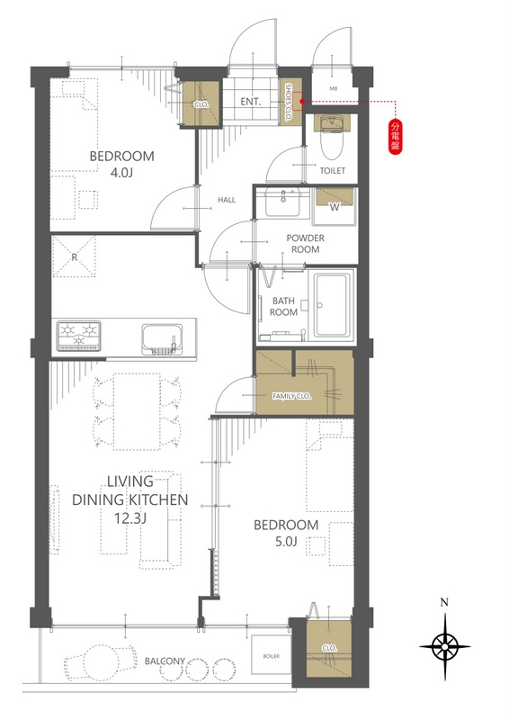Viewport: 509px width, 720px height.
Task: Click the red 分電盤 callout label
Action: pos(395,137)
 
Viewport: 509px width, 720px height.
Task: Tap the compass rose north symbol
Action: pos(444,646)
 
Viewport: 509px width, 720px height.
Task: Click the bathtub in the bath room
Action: pos(331,305)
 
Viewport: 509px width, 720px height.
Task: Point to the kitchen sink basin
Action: pos(162,339)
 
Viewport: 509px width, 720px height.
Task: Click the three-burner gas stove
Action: pos(79,336)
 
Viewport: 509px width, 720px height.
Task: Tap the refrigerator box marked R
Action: pos(75,256)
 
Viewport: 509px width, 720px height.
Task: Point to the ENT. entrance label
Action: pos(251,102)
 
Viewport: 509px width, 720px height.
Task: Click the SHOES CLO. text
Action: pos(289,102)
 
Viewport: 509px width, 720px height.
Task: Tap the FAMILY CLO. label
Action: pos(292,396)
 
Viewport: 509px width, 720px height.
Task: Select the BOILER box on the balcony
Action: pos(272,656)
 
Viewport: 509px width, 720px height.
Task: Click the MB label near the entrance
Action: pos(334,88)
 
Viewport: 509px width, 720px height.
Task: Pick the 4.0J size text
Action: pos(121,173)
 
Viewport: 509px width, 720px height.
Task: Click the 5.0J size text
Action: pos(286,542)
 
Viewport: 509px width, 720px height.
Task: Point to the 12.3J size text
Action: pos(130,518)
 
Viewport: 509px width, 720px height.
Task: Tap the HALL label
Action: pos(227,200)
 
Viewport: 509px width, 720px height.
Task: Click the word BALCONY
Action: pos(165,661)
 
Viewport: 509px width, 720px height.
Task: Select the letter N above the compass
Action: pos(444,602)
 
